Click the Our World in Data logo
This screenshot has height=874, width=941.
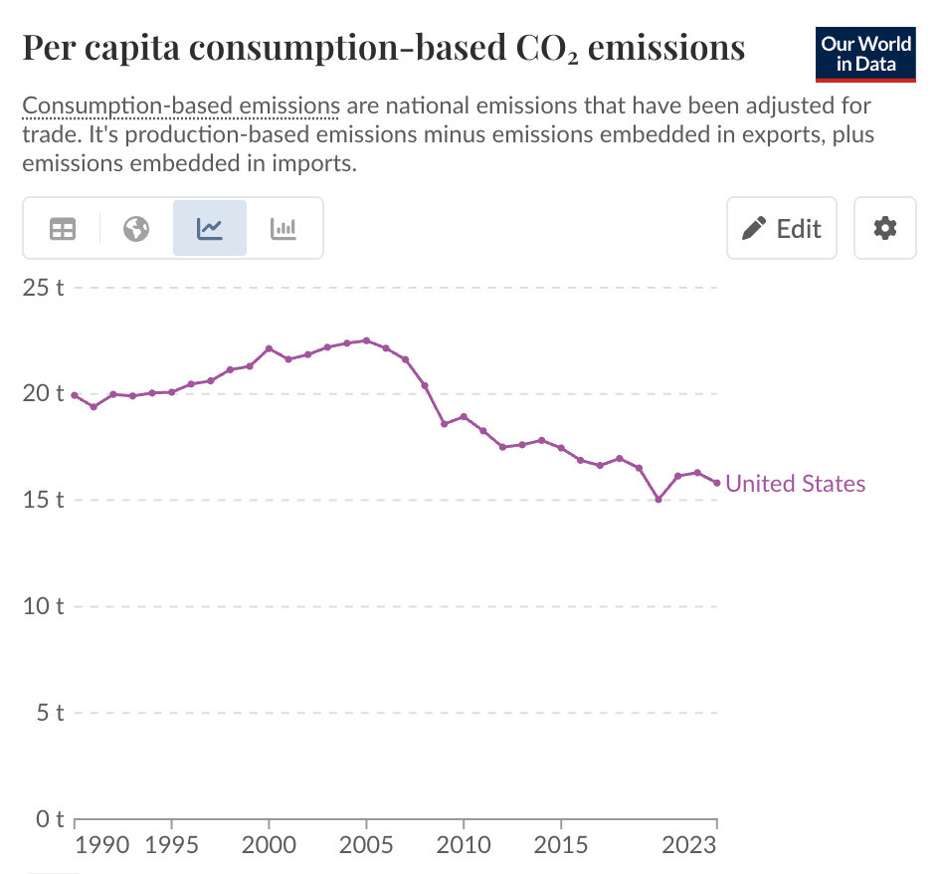tap(864, 54)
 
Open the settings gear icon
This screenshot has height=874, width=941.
tap(884, 228)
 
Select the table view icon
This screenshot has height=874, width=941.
tap(63, 228)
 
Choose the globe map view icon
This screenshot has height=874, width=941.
tap(136, 228)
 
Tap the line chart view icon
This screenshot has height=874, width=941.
tap(210, 228)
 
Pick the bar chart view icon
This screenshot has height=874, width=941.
tap(283, 228)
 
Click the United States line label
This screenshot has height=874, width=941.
tap(796, 484)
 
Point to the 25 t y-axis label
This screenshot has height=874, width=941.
tap(44, 288)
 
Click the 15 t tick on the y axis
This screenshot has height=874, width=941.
tap(44, 500)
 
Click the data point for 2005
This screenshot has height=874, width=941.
tap(366, 340)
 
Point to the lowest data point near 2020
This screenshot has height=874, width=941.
tap(659, 499)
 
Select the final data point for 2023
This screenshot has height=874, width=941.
tap(716, 483)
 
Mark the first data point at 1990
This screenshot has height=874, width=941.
tap(75, 395)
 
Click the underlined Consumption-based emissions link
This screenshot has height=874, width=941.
tap(181, 106)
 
